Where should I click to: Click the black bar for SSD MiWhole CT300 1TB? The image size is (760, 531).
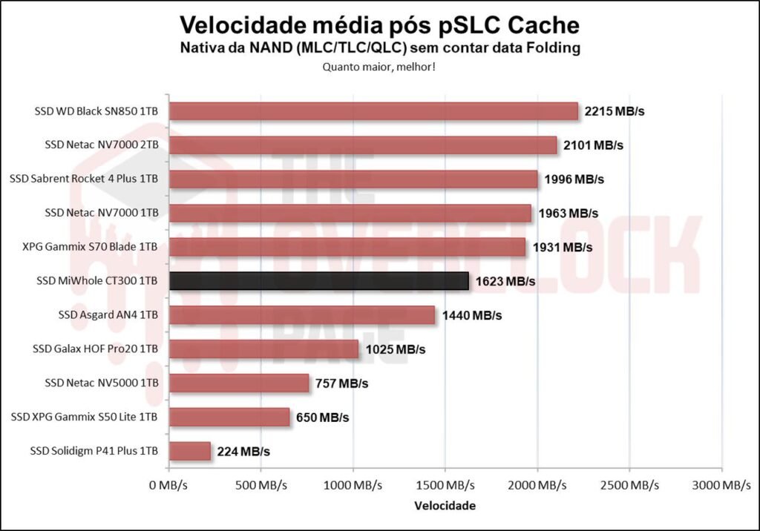[x=319, y=281]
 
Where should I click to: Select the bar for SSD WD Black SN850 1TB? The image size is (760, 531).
[x=373, y=111]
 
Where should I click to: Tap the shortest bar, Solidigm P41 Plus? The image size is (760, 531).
[x=190, y=451]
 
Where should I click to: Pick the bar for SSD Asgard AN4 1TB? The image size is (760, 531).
[x=302, y=315]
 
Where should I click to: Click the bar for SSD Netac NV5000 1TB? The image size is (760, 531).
[x=239, y=383]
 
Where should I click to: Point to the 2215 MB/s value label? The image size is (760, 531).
[x=615, y=111]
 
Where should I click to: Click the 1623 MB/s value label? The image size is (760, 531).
[x=504, y=282]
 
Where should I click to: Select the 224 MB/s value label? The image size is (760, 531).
[x=243, y=451]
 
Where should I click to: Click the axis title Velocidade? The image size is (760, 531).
[x=445, y=506]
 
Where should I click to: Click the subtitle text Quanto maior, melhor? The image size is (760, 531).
[x=379, y=67]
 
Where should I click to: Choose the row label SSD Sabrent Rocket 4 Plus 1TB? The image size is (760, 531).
[x=84, y=179]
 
